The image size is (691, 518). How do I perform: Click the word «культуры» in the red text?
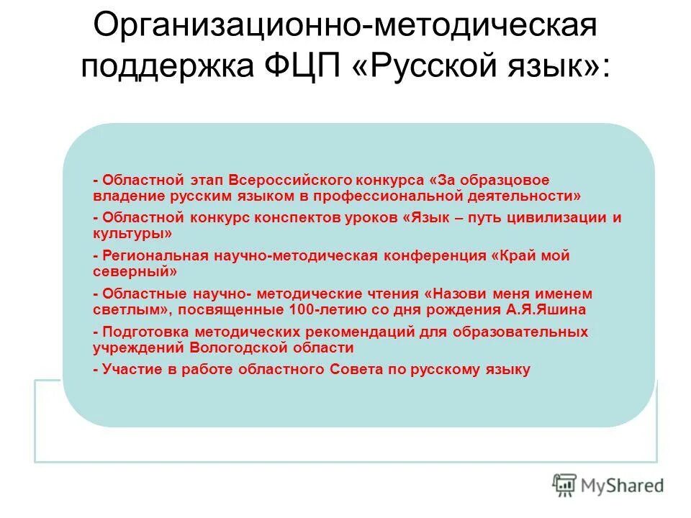132,234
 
